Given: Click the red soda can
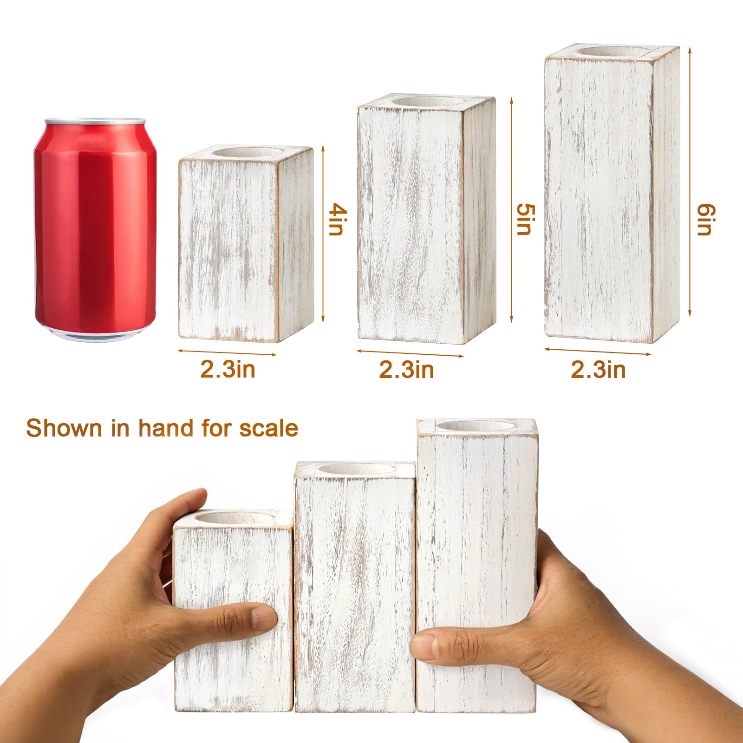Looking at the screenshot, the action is coord(95,229).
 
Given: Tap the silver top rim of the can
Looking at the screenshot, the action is coord(95,122).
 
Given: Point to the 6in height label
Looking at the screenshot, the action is coord(705,220).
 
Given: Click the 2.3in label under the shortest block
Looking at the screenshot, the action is coord(228,369).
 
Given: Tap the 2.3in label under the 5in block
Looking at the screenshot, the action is coord(406,370).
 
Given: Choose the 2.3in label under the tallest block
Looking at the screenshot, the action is coord(598,370).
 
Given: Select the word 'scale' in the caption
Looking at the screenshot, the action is coord(269,428).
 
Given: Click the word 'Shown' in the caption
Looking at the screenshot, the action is coord(64,428).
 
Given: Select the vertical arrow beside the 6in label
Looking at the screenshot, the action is coord(690,182).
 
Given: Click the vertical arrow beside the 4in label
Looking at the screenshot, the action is coord(323,234).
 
